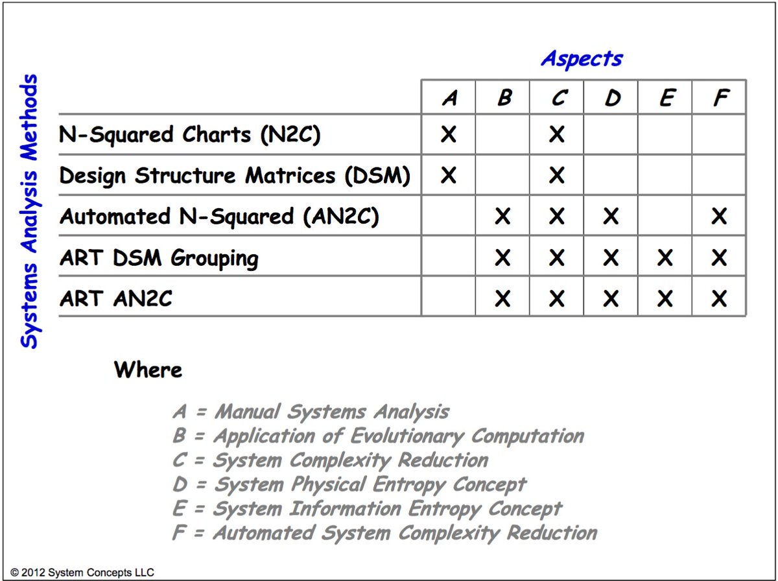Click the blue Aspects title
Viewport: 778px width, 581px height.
(582, 58)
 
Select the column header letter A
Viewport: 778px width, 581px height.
(449, 99)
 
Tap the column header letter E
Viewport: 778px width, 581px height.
(665, 99)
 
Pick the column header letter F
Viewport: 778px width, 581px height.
(719, 99)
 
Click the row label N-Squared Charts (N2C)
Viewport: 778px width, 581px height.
(190, 135)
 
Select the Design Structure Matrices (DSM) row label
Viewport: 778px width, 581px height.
(235, 176)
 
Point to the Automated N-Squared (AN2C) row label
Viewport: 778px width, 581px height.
(219, 217)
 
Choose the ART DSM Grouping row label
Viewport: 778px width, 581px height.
(159, 258)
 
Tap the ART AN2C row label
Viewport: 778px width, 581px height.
(116, 299)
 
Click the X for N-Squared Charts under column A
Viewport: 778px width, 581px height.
(449, 135)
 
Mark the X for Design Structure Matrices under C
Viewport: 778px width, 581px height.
(556, 176)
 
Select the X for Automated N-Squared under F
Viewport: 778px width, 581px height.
(719, 217)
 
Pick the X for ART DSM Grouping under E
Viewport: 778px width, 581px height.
(665, 258)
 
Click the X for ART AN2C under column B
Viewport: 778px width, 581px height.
(502, 299)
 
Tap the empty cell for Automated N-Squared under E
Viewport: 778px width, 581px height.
(665, 217)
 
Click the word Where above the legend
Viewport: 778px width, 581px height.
(148, 370)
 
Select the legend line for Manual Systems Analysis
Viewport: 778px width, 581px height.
(311, 412)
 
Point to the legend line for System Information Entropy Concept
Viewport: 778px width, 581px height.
(367, 509)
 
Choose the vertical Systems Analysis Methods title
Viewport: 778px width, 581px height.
(30, 211)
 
